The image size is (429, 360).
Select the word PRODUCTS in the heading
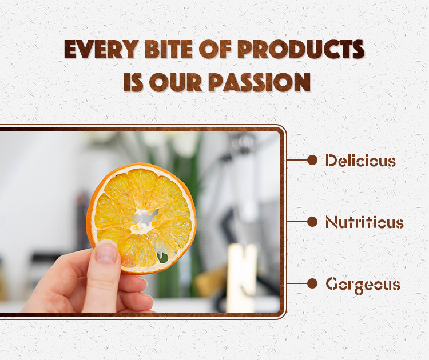tap(301, 49)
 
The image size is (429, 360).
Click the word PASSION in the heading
tap(260, 82)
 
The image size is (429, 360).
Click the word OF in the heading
tap(215, 49)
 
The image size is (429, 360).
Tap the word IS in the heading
tap(133, 82)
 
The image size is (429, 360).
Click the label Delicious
tap(360, 161)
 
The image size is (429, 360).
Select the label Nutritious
tap(364, 222)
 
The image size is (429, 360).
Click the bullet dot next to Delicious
tap(312, 160)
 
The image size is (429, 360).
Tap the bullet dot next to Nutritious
tap(312, 222)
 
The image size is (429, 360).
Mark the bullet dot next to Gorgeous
tap(312, 283)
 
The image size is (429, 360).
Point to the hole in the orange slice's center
tap(145, 218)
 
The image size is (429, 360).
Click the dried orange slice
tap(141, 218)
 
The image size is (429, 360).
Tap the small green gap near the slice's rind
tap(164, 258)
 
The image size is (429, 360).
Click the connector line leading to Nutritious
tap(297, 222)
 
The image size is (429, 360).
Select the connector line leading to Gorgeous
tap(297, 283)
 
